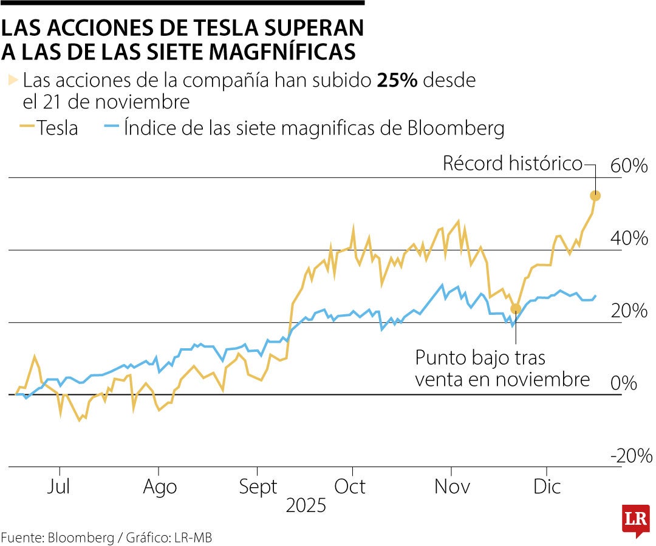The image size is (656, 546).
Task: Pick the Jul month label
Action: (60, 487)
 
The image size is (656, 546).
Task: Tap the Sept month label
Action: (258, 487)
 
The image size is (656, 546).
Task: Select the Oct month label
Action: (350, 487)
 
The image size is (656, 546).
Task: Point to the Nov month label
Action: (451, 487)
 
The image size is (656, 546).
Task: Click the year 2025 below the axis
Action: (306, 506)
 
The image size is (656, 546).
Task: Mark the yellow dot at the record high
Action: (595, 195)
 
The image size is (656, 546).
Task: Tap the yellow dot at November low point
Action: (516, 309)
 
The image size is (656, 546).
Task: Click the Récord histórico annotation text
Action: (512, 163)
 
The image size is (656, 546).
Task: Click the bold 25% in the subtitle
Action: (397, 80)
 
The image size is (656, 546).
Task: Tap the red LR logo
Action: (635, 519)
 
